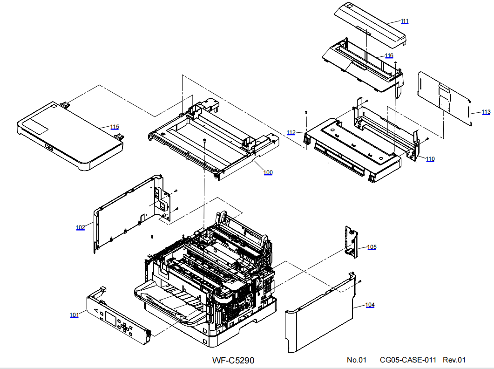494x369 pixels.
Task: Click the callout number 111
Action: point(405,21)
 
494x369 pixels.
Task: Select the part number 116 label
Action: point(389,56)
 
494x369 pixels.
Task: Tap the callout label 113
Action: point(486,112)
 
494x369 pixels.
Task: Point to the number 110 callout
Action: point(430,159)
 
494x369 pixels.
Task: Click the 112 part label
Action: point(291,133)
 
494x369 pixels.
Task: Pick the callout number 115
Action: point(115,127)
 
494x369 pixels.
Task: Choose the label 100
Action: point(268,173)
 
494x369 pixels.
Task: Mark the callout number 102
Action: point(81,227)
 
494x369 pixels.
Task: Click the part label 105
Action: point(372,247)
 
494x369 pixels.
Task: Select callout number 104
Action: point(370,305)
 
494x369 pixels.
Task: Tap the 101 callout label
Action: point(74,315)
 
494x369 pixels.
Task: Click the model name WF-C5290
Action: point(233,360)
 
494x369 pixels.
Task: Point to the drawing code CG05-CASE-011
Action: point(408,360)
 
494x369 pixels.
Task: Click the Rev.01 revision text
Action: point(454,360)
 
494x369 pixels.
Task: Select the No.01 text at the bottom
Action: point(357,360)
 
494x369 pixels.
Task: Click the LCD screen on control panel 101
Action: point(111,319)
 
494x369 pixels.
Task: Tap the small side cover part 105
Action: point(352,240)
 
